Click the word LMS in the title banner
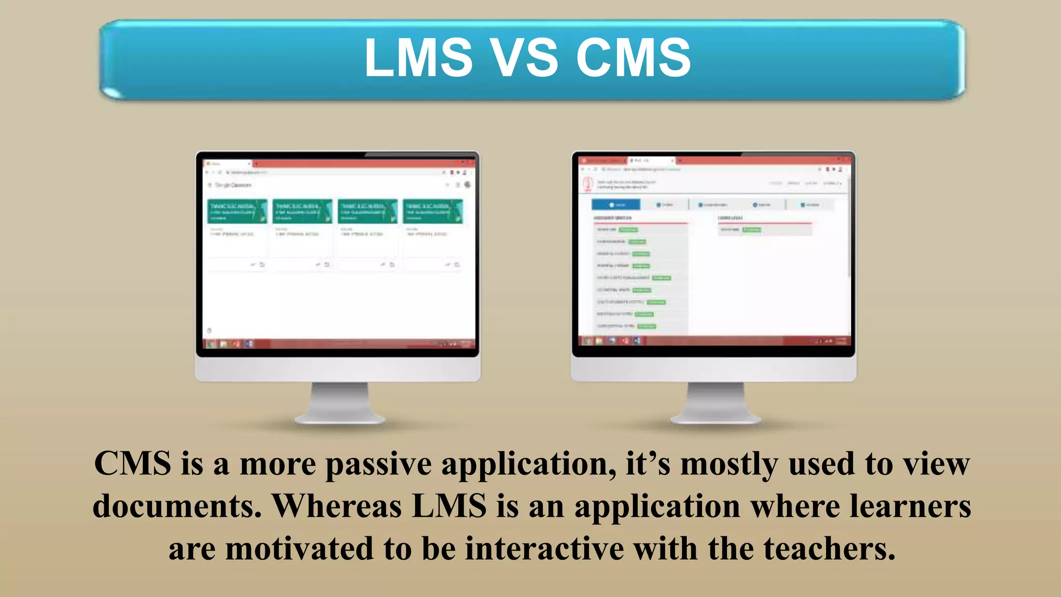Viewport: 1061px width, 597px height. click(419, 58)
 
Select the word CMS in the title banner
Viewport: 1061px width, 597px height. click(633, 58)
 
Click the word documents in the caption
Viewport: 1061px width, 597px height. click(177, 506)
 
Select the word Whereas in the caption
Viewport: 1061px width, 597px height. click(337, 506)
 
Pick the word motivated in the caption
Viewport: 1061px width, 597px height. click(299, 549)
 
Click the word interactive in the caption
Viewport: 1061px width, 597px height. click(544, 549)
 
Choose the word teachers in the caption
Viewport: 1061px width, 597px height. click(829, 549)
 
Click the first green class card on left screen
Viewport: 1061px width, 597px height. click(237, 211)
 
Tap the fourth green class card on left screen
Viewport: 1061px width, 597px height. click(433, 211)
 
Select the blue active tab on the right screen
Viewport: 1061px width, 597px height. click(615, 205)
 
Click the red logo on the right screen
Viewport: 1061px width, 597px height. click(587, 184)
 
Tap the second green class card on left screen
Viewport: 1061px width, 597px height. click(303, 211)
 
